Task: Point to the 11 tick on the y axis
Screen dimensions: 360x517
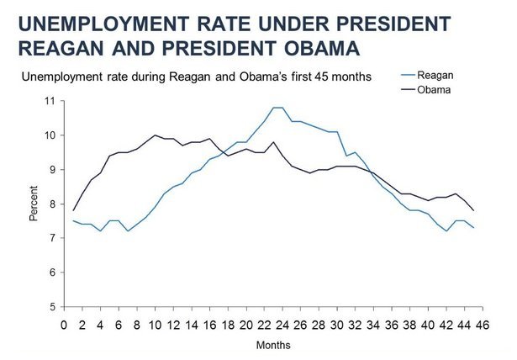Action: [x=51, y=101]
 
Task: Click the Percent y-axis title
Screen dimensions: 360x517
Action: [x=34, y=204]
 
